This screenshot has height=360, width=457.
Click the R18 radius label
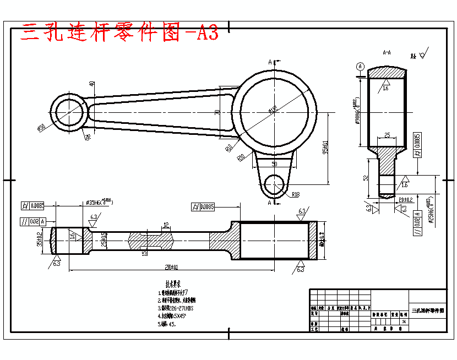pyautogui.click(x=296, y=194)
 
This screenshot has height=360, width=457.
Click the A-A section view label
pyautogui.click(x=387, y=53)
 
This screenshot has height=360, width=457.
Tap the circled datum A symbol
pyautogui.click(x=361, y=66)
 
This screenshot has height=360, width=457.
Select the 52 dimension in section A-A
pyautogui.click(x=366, y=178)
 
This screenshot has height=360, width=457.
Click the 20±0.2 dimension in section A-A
pyautogui.click(x=405, y=199)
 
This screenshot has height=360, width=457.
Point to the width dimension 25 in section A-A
pyautogui.click(x=387, y=134)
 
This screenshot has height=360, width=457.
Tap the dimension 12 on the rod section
pyautogui.click(x=166, y=225)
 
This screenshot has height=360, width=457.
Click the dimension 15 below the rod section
pyautogui.click(x=145, y=253)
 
